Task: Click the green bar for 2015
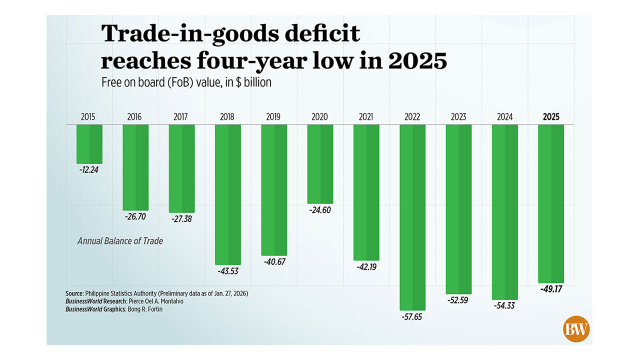coord(89,144)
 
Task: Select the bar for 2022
coord(412,217)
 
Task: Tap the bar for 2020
coord(319,164)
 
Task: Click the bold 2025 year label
coord(550,117)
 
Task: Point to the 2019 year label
coord(273,117)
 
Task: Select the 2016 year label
coord(134,117)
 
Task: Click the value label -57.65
coord(412,316)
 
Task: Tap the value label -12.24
coord(89,169)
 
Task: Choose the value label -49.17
coord(551,289)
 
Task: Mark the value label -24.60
coord(319,210)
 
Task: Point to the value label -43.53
coord(227,271)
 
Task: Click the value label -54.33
coord(504,305)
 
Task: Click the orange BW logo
coord(576,329)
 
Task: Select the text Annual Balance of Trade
coord(120,241)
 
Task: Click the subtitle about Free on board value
coord(186,82)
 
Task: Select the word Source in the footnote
coord(74,293)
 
